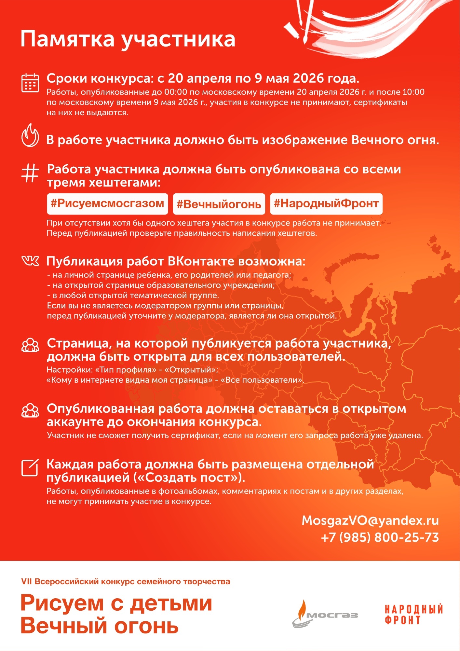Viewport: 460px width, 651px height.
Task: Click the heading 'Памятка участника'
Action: click(x=128, y=39)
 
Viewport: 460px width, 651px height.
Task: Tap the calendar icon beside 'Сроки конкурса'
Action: click(x=30, y=83)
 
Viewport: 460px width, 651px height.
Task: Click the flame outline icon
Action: click(x=30, y=135)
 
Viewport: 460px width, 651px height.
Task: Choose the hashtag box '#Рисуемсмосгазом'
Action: click(x=107, y=204)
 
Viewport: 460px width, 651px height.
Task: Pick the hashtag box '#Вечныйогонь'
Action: click(x=219, y=204)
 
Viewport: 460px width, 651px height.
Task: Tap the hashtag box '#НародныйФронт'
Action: click(x=326, y=204)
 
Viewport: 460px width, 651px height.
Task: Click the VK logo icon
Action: click(x=30, y=261)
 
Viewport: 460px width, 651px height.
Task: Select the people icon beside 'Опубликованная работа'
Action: click(x=30, y=410)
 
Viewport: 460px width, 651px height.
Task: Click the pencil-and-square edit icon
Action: click(x=30, y=468)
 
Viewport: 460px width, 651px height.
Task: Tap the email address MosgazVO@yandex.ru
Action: click(x=370, y=520)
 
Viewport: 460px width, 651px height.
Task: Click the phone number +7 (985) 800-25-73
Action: click(x=380, y=537)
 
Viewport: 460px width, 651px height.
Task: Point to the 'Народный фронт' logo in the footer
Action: click(x=413, y=615)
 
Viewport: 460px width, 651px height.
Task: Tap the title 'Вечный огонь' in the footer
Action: click(x=99, y=626)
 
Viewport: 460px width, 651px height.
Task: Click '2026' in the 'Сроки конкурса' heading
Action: click(x=308, y=78)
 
